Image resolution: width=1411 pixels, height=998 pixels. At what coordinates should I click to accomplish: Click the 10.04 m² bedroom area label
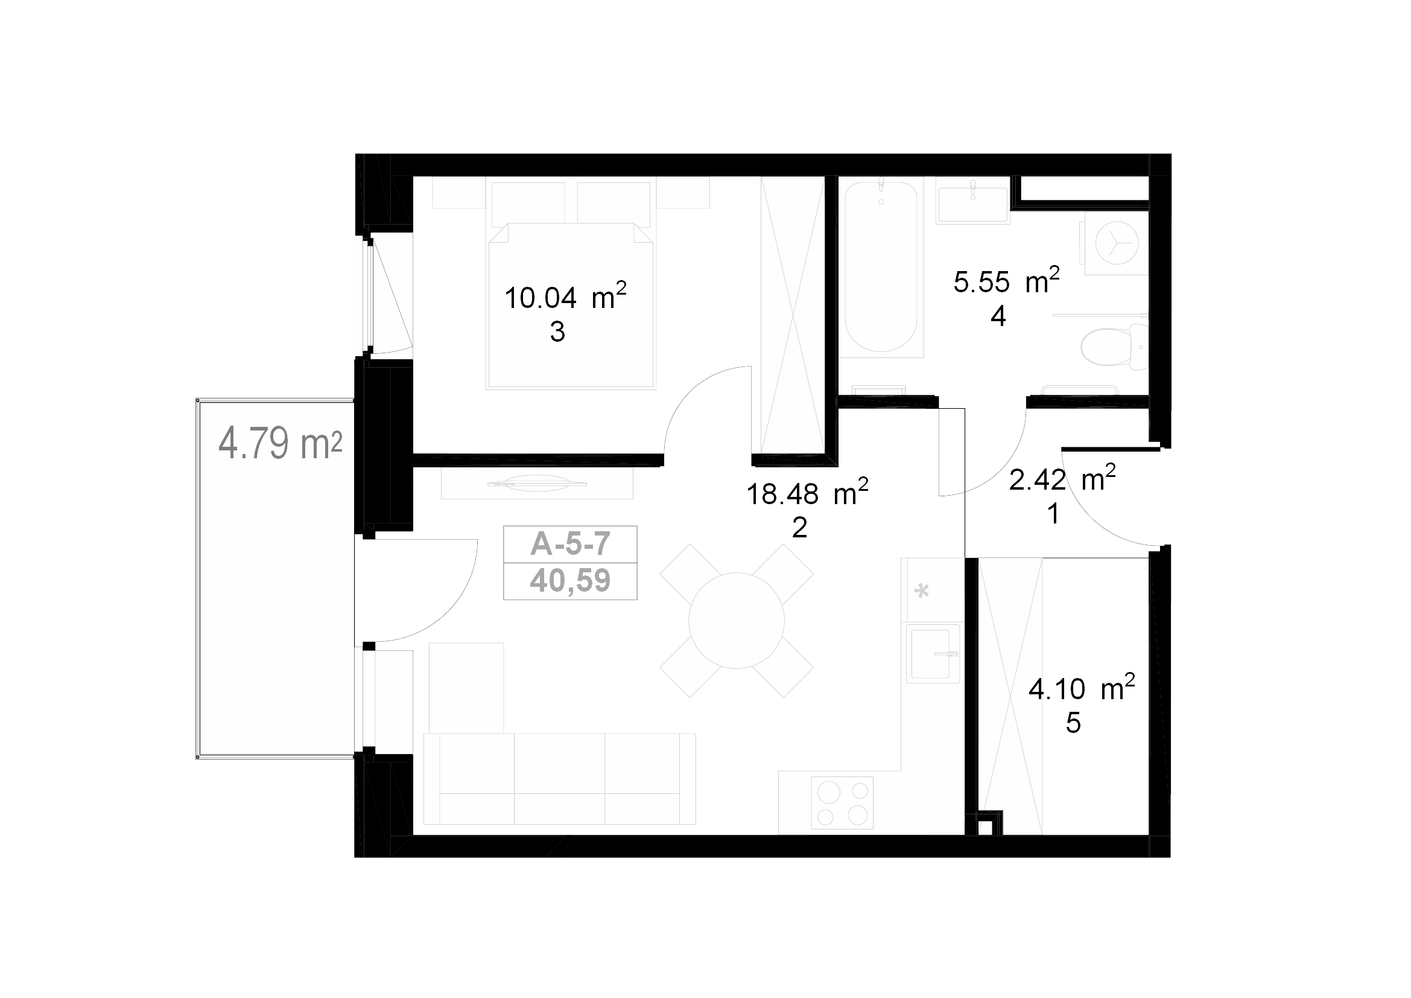565,297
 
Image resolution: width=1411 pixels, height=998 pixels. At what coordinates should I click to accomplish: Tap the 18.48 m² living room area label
807,493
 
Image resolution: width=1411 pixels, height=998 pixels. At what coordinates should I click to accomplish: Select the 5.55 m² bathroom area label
1007,281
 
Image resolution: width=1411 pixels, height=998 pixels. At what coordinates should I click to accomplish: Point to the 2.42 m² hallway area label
1062,478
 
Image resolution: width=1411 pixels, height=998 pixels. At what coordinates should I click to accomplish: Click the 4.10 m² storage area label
1082,688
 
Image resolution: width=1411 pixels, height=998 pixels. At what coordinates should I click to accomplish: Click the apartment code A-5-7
570,543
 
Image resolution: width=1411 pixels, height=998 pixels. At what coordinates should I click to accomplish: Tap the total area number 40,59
570,580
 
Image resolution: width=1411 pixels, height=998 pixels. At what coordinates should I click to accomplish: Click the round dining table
736,621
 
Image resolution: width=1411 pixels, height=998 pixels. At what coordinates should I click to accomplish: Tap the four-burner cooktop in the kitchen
842,802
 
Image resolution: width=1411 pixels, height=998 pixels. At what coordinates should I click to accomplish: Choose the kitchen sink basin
933,653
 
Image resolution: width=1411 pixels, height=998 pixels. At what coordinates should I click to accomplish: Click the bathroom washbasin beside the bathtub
973,200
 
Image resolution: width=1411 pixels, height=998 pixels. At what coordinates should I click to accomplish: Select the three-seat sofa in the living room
559,778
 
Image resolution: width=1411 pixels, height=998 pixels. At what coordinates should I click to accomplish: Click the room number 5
1073,724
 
